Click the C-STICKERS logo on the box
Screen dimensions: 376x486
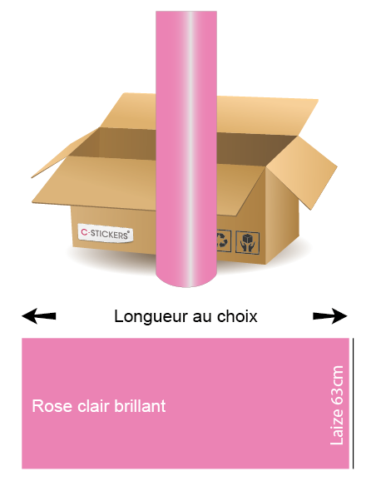[x=106, y=233]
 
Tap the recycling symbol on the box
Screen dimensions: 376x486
[x=224, y=241]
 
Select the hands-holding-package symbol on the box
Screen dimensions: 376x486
[x=247, y=242]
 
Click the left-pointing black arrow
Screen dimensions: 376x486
[x=39, y=316]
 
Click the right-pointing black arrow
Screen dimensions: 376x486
[x=330, y=316]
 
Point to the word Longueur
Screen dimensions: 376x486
[x=151, y=317]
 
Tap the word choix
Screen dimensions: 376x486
[x=237, y=316]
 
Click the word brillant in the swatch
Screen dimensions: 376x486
[x=140, y=406]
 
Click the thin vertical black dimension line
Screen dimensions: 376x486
[x=353, y=404]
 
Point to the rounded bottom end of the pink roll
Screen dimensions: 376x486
[x=186, y=279]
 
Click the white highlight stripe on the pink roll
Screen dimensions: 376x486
[x=190, y=149]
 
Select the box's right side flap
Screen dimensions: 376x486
[x=302, y=172]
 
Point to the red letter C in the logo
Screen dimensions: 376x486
[x=84, y=231]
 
